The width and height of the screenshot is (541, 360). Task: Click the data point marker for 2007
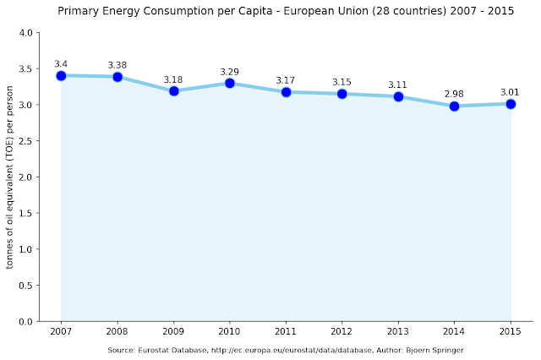[61, 75]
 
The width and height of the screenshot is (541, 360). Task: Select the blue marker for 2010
[230, 83]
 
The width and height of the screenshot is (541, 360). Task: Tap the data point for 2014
[455, 106]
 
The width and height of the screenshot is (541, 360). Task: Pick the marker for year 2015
[511, 104]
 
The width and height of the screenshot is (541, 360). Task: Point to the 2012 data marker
[342, 94]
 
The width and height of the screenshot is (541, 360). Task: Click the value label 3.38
[117, 64]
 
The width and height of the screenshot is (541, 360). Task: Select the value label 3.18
[173, 79]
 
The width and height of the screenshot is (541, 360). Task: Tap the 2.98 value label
[455, 93]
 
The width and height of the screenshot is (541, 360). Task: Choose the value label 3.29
[230, 70]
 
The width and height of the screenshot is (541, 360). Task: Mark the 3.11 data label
[398, 85]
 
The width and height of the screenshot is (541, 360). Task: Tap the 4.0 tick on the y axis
[25, 33]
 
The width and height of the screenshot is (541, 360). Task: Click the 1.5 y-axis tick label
[25, 214]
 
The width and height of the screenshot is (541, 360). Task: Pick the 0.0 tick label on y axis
[25, 322]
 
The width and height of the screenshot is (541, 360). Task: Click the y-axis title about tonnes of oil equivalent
[10, 177]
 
